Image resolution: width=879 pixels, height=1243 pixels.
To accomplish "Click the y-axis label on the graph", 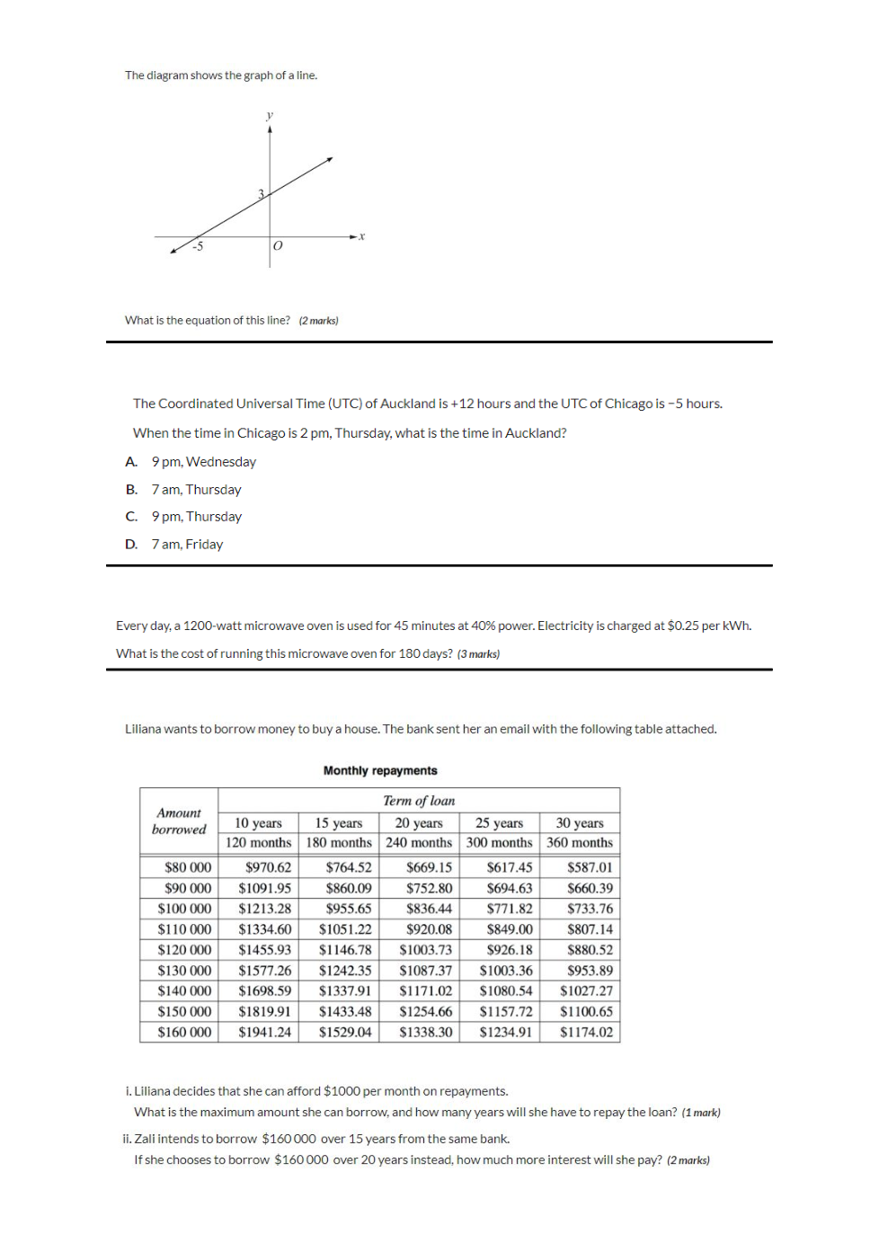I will (270, 115).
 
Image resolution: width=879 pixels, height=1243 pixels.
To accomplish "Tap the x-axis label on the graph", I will (362, 236).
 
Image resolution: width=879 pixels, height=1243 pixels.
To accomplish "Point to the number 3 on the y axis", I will (262, 194).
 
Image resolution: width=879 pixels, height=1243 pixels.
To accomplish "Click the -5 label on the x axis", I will (198, 246).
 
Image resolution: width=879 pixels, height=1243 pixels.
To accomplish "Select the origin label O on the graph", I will (278, 245).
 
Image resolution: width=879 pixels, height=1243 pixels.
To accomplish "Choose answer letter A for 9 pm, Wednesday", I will (131, 462).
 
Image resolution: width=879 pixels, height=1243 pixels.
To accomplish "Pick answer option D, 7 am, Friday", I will (131, 545).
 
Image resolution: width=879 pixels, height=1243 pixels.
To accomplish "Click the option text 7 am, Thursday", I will (196, 490).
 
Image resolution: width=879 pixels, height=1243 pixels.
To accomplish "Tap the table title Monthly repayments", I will (380, 771).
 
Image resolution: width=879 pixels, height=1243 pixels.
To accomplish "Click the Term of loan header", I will (419, 801).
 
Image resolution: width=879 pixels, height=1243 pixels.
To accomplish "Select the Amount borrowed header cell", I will (179, 821).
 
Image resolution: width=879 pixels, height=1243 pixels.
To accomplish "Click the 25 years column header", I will (499, 823).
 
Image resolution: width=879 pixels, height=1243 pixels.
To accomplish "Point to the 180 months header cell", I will (339, 843).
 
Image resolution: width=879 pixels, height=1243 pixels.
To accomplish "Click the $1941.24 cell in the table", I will (264, 1033).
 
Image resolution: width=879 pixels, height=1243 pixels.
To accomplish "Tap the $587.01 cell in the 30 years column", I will (590, 867).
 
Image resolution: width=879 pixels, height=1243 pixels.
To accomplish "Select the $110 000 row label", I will (184, 929).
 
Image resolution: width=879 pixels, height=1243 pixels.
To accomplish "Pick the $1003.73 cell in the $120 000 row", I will (425, 950).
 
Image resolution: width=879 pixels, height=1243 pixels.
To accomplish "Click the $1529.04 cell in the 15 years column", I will (345, 1033).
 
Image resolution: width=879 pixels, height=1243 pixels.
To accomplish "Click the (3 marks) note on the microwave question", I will (478, 654).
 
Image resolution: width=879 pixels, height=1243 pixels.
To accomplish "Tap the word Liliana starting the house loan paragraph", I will (146, 729).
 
